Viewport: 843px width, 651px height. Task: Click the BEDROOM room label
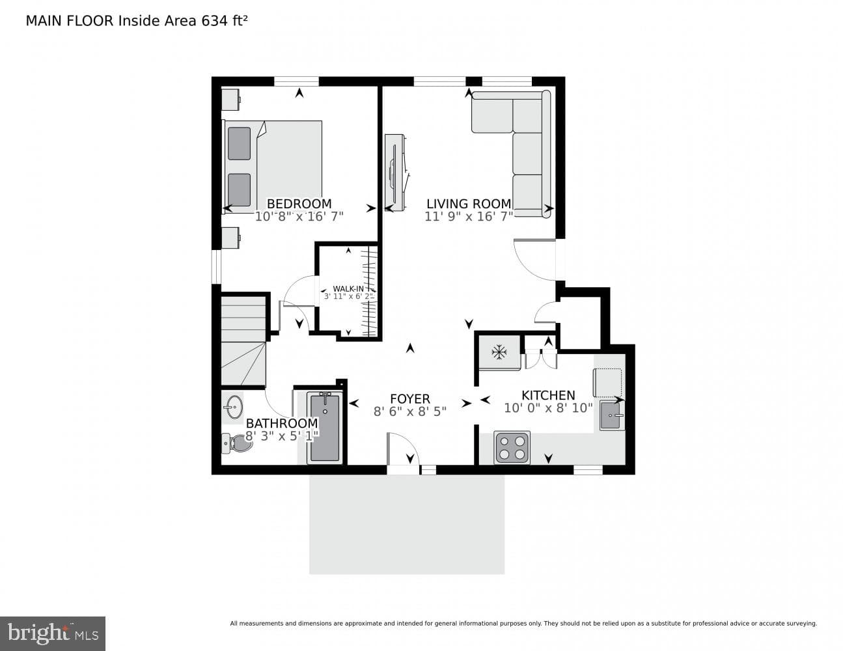coord(299,204)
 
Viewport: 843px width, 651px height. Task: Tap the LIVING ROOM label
coord(469,204)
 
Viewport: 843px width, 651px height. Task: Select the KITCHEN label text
coord(548,395)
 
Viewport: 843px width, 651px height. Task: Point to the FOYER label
coord(409,399)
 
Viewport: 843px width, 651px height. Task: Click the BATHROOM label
coord(282,423)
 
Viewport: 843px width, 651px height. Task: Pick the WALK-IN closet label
coord(348,288)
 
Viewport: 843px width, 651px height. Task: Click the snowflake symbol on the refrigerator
coord(499,353)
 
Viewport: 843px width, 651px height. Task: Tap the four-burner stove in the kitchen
coord(512,447)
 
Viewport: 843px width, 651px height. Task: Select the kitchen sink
coord(612,415)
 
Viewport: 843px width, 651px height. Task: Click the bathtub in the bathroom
coord(325,428)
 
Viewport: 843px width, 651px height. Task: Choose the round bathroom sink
coord(234,407)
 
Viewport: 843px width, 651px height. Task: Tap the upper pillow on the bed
coord(239,144)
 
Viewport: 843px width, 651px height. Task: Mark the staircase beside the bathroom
coord(243,341)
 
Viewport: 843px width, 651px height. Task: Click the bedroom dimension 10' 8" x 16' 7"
coord(299,216)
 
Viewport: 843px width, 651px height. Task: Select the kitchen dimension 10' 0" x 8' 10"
coord(548,408)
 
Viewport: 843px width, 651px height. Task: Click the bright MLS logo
coord(53,633)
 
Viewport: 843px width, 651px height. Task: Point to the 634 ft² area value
coord(224,21)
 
